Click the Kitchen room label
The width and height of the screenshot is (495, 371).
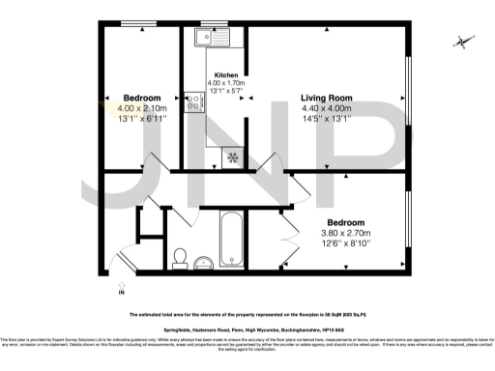(225, 74)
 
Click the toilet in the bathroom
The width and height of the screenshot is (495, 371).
(178, 256)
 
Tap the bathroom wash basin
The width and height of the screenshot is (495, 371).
(202, 264)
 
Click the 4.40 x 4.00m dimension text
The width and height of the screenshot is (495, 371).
(326, 109)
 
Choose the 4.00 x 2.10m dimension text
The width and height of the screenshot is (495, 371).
(142, 109)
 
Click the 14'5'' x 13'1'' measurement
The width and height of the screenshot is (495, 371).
(326, 121)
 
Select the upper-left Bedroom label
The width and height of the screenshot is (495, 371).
(141, 98)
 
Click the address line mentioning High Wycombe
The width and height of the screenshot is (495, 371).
(247, 330)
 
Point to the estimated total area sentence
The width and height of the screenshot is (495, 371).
(247, 315)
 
